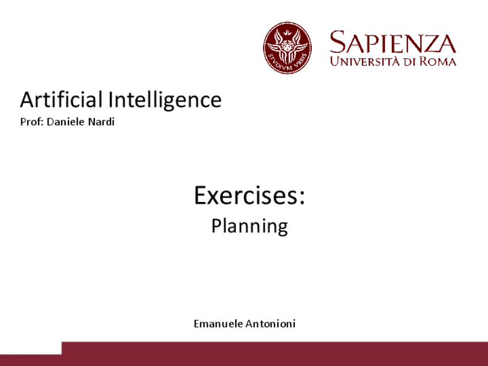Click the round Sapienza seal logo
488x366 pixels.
pyautogui.click(x=287, y=48)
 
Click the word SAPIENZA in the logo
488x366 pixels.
pyautogui.click(x=393, y=43)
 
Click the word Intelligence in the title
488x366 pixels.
pyautogui.click(x=165, y=100)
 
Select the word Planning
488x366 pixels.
pyautogui.click(x=249, y=226)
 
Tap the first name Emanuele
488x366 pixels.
pyautogui.click(x=218, y=324)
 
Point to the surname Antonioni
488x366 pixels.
pyautogui.click(x=270, y=324)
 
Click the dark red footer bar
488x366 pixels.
pyautogui.click(x=274, y=354)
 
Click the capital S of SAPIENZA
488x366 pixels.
pyautogui.click(x=337, y=43)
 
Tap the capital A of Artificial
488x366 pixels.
pyautogui.click(x=28, y=100)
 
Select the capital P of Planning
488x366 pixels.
pyautogui.click(x=216, y=226)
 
